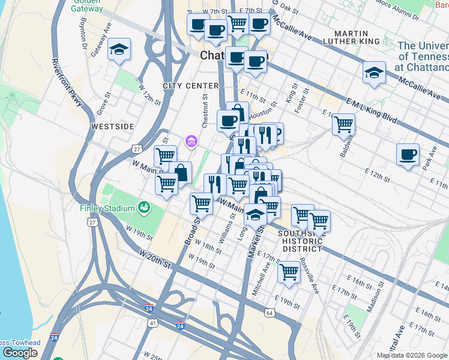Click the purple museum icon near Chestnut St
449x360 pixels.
tap(191, 142)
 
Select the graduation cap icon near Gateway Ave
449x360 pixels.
tap(119, 50)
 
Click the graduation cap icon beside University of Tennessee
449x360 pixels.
tap(375, 73)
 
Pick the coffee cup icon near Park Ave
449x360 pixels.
tap(408, 154)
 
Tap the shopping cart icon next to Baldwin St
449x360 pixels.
tap(343, 124)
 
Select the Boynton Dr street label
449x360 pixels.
tap(83, 32)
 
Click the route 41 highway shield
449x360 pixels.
tap(153, 323)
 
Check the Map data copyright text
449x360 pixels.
tap(412, 355)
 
